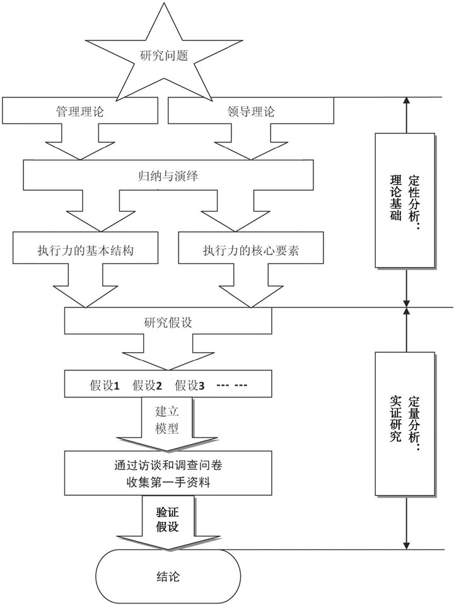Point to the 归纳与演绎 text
point(168,176)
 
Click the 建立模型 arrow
point(167,421)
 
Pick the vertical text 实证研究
point(395,420)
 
